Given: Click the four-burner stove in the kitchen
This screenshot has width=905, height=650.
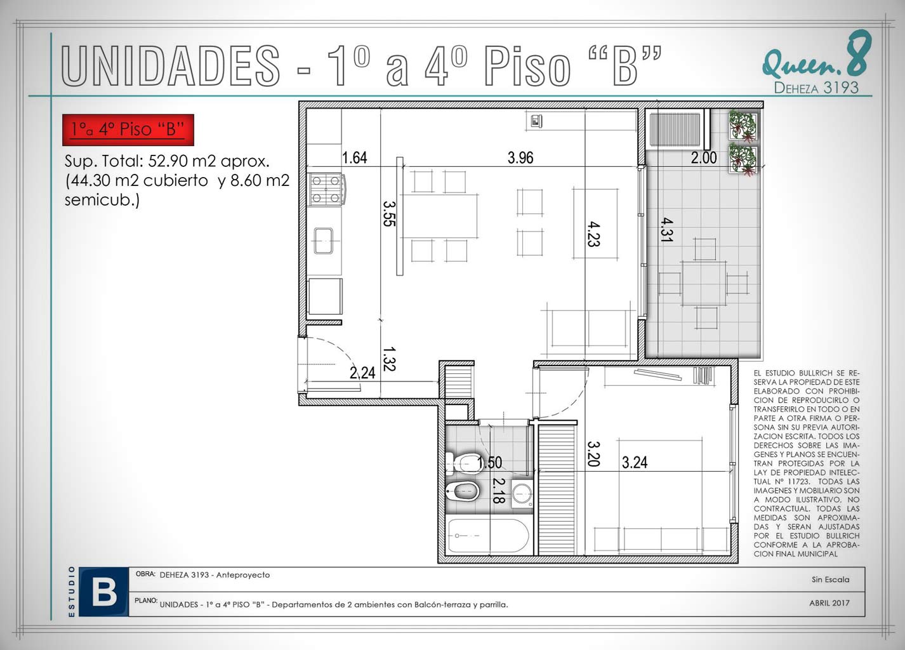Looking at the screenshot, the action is pos(326,189).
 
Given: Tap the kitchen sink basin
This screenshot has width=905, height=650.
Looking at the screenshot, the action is pos(323,241).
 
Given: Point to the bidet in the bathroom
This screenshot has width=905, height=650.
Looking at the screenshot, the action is pos(463,491).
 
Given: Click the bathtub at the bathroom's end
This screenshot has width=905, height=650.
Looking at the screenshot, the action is pos(487,535).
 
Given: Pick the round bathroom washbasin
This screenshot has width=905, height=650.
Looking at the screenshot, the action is pos(522,493).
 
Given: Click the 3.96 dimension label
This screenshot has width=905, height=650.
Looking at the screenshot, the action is pos(520,157).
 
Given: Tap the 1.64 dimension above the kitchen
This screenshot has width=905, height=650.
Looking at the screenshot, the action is pos(354,157).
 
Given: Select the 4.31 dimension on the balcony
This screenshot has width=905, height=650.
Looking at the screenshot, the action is pos(666,230).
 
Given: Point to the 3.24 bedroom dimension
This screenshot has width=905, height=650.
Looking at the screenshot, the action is pos(634,462).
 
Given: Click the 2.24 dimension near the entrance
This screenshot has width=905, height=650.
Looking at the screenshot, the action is pos(362,373).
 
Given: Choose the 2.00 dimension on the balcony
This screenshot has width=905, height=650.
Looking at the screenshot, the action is pos(704,157).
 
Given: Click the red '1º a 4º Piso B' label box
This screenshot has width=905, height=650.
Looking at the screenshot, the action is pos(128,129).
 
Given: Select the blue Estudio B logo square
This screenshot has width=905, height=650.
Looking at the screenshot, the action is pos(104,592).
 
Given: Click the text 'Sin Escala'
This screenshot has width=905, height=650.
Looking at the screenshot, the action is pos(831,580).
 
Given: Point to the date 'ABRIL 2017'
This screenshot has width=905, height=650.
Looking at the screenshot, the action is pos(829,603).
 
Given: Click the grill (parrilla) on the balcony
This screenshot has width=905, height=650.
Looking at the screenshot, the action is pos(675,129).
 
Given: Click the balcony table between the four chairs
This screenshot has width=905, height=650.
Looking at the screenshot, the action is pos(703,282).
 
